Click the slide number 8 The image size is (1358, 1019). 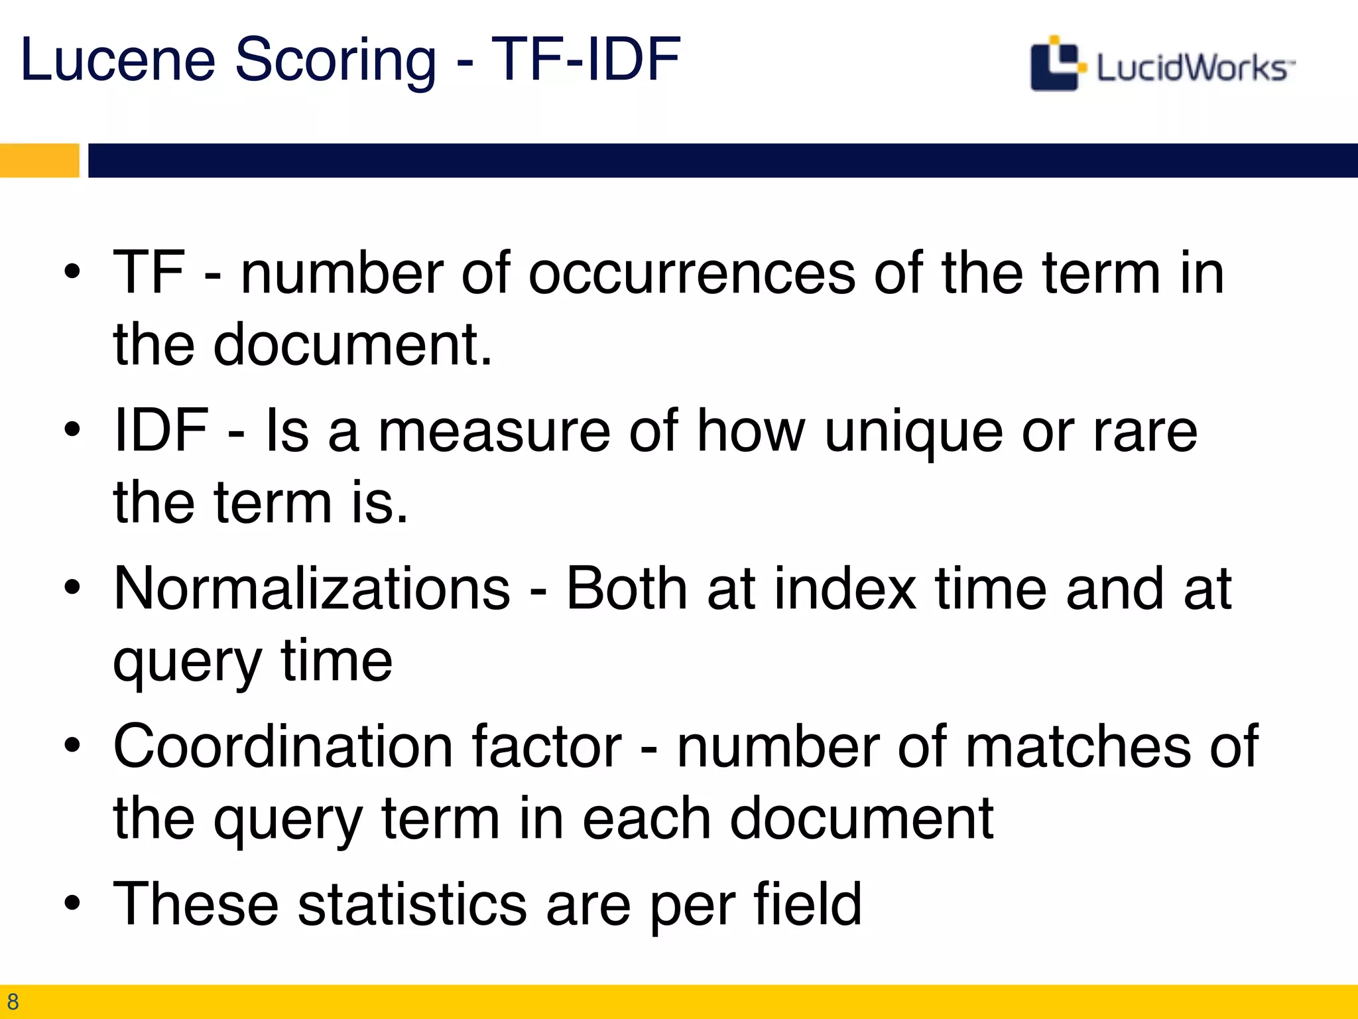point(13,1001)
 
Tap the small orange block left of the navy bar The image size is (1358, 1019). point(39,161)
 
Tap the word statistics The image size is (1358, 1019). point(412,904)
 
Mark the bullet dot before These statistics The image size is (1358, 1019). point(72,903)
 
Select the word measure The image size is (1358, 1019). point(494,433)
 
